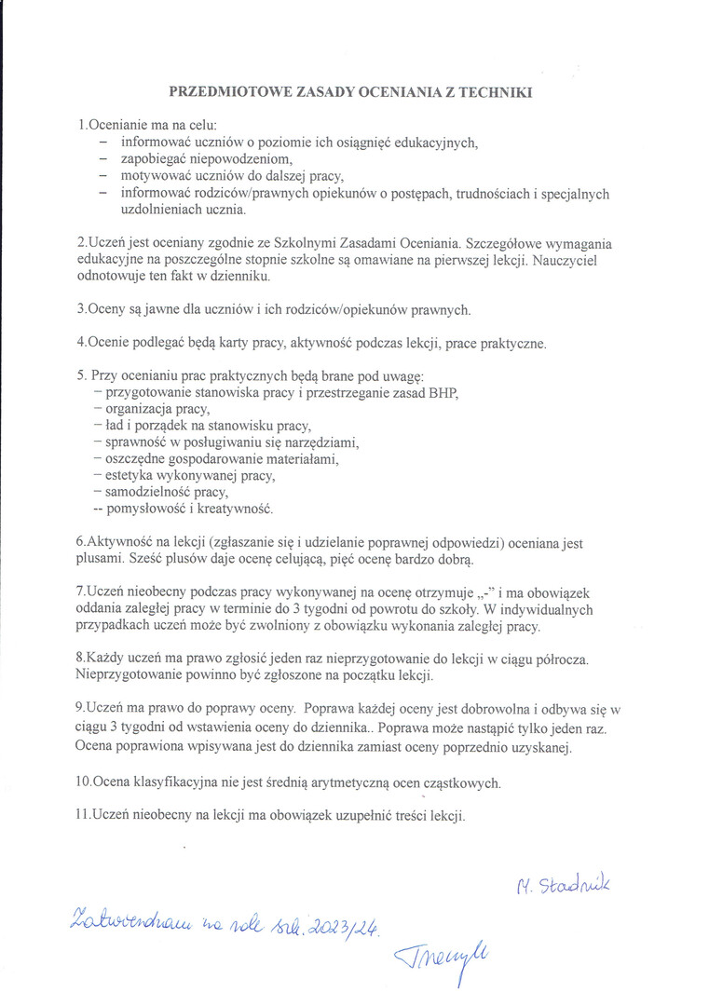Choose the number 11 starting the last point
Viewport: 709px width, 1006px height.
tap(82, 814)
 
